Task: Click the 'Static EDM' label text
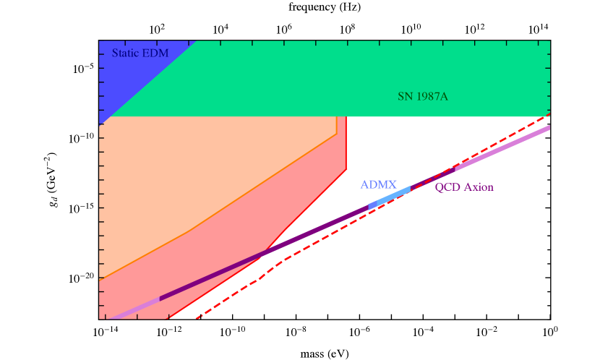pos(140,53)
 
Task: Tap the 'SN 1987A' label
pos(422,96)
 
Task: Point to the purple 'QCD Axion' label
pos(463,187)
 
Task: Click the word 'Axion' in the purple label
pos(479,187)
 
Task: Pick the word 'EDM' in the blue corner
pos(155,53)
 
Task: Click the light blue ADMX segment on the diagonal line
pos(390,197)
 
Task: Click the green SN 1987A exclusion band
pos(325,80)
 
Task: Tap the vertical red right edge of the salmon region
pos(347,145)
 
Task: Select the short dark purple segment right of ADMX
pos(432,179)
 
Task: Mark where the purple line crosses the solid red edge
pos(264,253)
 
